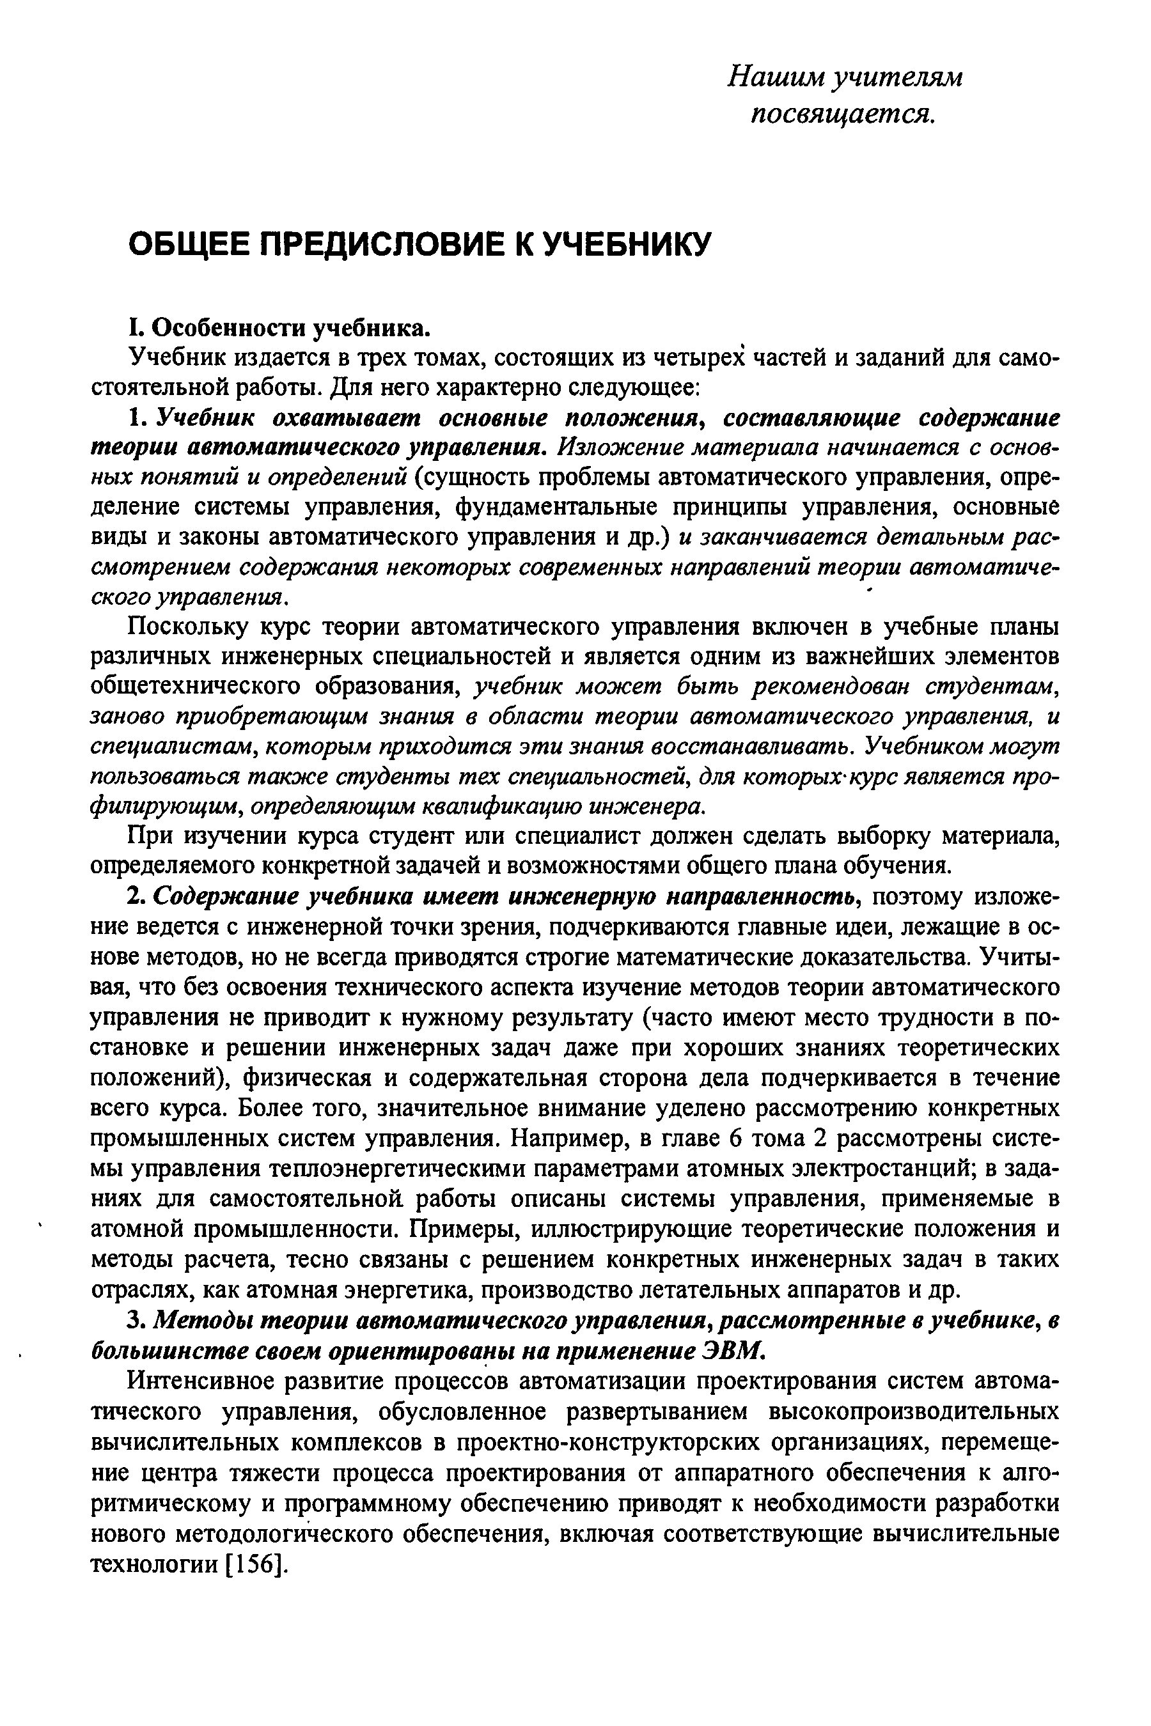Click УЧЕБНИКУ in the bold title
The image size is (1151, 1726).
625,244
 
